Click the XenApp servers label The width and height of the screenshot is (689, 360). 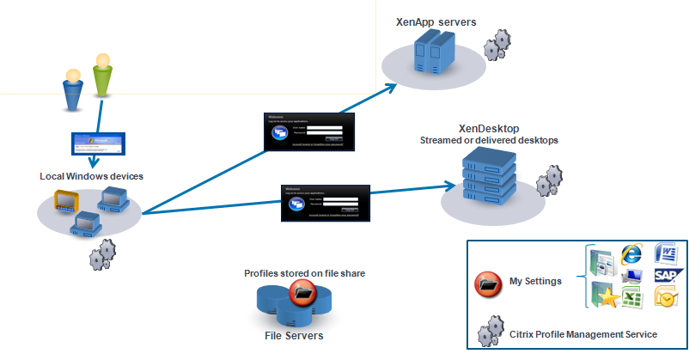(437, 21)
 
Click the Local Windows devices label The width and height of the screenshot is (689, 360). (91, 176)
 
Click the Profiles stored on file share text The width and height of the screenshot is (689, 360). (305, 273)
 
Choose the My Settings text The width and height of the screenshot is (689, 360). (534, 281)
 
